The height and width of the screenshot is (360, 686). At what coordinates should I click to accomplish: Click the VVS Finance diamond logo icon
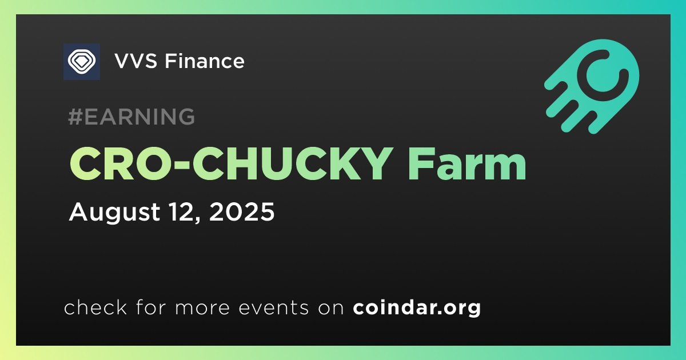pyautogui.click(x=81, y=61)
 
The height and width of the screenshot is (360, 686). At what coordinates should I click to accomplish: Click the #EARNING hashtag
pyautogui.click(x=131, y=117)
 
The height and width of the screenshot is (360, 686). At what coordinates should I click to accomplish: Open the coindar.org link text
pyautogui.click(x=417, y=308)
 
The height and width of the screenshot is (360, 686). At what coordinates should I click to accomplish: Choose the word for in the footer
pyautogui.click(x=147, y=308)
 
